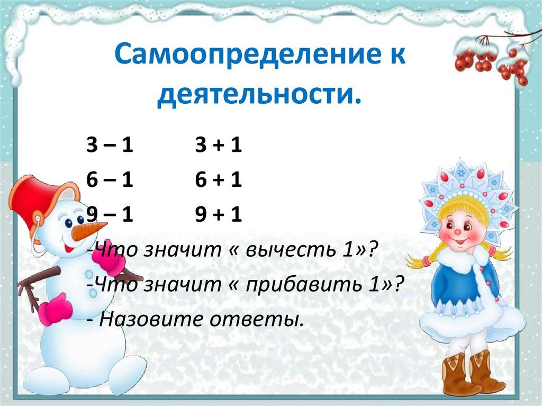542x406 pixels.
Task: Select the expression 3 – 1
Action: coord(109,145)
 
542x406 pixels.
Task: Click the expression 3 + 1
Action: coord(218,145)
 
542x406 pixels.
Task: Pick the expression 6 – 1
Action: coord(109,181)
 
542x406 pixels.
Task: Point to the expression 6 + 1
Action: coord(218,181)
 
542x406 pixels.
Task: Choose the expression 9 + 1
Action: coord(218,215)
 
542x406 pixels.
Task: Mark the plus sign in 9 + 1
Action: coord(218,215)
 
